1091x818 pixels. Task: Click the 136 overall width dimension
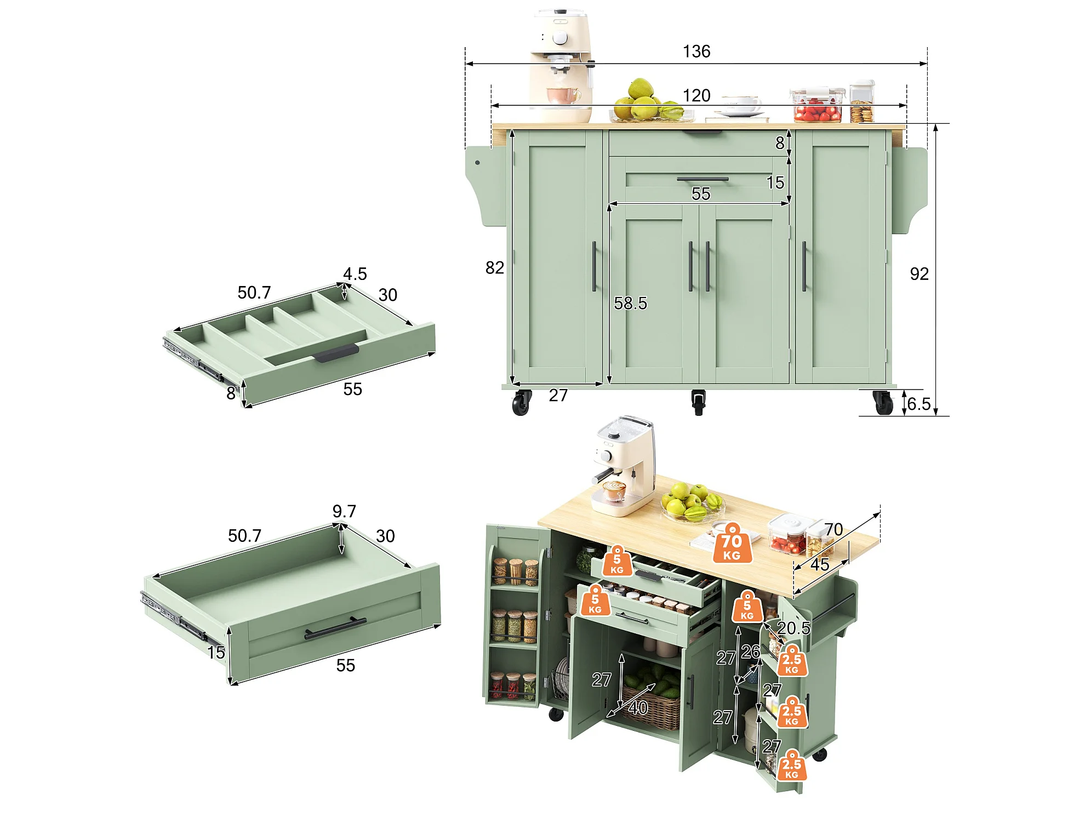pos(696,52)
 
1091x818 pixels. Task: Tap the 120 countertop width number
pos(696,96)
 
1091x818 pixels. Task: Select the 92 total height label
pos(919,274)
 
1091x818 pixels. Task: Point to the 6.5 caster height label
pos(919,404)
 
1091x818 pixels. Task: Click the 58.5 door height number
pos(630,304)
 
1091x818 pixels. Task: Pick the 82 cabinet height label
pos(494,268)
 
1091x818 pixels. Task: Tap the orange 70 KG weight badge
pos(732,544)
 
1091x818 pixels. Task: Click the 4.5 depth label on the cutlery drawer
pos(355,274)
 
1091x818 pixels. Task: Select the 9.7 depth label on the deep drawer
pos(344,511)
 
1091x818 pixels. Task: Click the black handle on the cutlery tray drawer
pos(336,352)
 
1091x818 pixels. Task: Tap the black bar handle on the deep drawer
pos(335,628)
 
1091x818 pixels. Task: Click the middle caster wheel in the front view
pos(698,402)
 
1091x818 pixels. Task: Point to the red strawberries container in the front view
pos(816,105)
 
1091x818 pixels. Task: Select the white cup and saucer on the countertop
pos(740,108)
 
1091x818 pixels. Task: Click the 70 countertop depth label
pos(833,529)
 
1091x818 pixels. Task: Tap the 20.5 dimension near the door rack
pos(793,628)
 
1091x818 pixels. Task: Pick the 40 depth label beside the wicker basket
pos(638,708)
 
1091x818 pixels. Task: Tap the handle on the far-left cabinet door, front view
pos(594,266)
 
